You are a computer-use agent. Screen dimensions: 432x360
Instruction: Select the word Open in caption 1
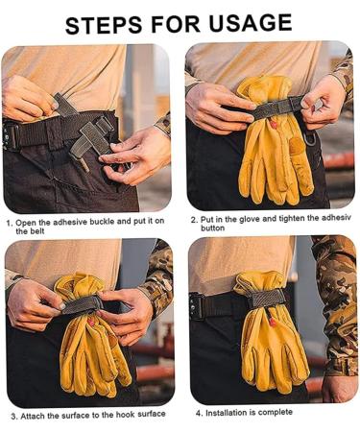click(29, 224)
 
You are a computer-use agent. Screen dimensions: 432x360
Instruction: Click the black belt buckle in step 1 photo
click(11, 136)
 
